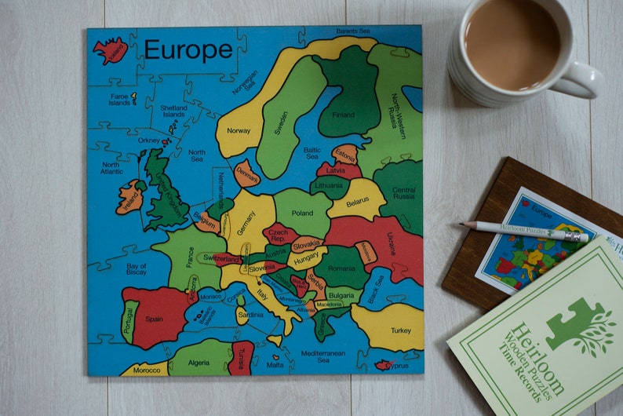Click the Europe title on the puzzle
pos(188,50)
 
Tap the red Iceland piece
pos(110,51)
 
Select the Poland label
pos(302,213)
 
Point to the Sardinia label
pos(250,315)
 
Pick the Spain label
pos(154,319)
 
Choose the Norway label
pos(239,131)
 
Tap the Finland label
pos(343,114)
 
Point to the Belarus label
pos(357,201)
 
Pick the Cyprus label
pos(397,366)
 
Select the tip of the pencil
pos(463,224)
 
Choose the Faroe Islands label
pos(119,98)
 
